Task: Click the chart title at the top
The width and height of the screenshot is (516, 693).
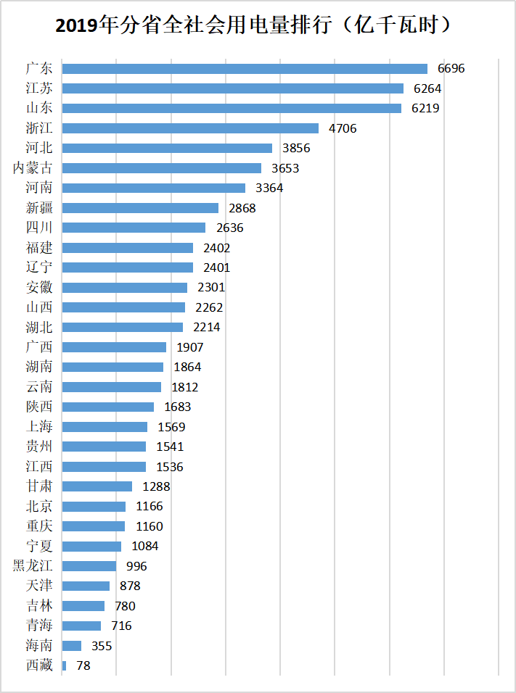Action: coord(258,27)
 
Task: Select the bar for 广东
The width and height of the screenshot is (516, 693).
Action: coord(245,69)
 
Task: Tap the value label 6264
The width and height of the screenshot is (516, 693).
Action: coord(427,88)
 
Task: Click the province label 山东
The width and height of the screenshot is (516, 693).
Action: coord(38,108)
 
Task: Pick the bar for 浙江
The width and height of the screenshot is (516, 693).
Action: coord(190,128)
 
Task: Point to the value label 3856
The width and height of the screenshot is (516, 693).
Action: coord(296,148)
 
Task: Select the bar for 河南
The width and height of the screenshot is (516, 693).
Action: coord(153,188)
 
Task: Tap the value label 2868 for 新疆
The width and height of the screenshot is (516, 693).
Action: coord(242,208)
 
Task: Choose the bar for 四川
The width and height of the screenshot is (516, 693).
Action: coord(134,228)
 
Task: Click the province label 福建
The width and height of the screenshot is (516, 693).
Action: coord(38,247)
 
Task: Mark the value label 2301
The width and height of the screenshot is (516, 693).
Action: coord(211,287)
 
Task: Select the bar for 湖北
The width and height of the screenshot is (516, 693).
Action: coord(123,327)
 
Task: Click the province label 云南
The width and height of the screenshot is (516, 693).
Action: coord(38,386)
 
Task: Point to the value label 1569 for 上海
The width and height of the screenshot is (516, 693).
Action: coord(172,426)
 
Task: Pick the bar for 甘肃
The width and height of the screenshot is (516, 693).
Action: coord(97,486)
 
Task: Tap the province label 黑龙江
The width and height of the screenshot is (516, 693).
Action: coord(33,565)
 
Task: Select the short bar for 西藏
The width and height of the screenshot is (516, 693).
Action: coord(64,665)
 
